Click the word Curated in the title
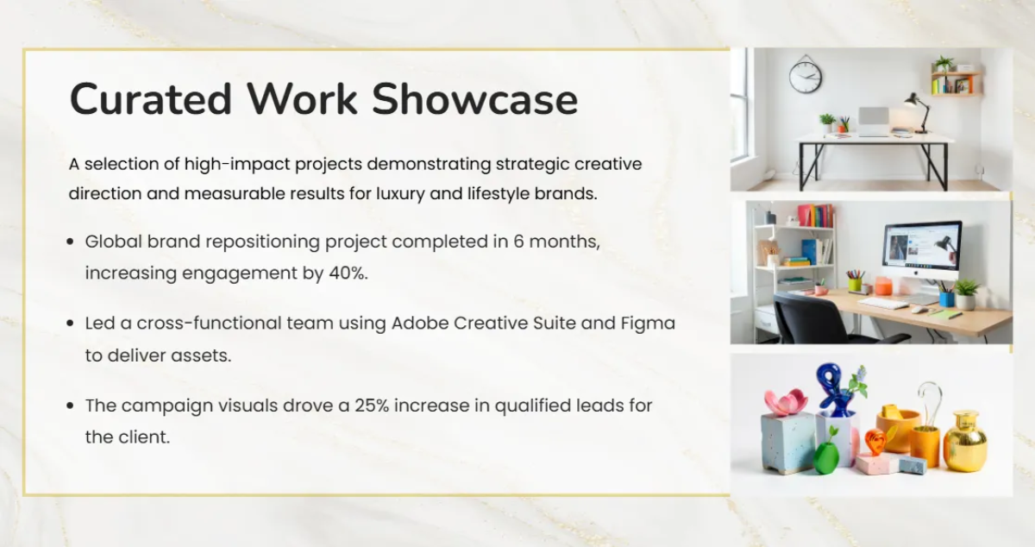151,99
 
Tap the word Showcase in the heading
475,99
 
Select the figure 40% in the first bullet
348,273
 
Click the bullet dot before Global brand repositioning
70,242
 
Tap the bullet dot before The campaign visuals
70,406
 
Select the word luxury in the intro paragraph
400,194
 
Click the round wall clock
806,76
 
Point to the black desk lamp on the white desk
919,113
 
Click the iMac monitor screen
922,250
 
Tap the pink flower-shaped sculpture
786,402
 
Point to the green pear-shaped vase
826,456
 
